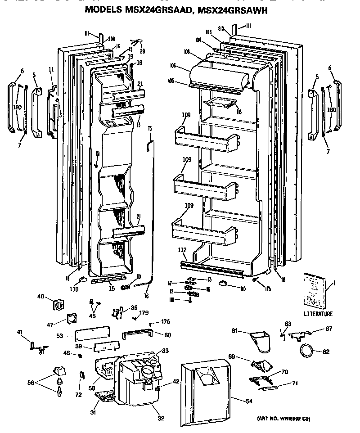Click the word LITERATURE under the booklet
click(318, 314)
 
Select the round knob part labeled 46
click(58, 305)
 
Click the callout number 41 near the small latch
click(20, 333)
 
